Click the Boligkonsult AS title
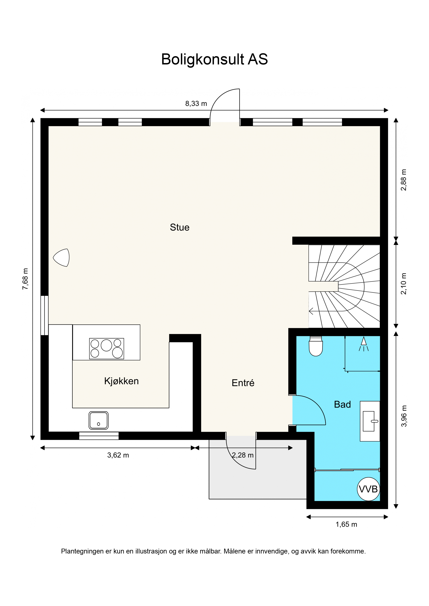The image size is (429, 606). (x=214, y=59)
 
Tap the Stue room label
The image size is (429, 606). (x=180, y=227)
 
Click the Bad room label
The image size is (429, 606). (x=342, y=404)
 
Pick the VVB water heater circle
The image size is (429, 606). (x=368, y=489)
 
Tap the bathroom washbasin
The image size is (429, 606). (x=370, y=421)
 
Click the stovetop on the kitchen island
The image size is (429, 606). (x=107, y=349)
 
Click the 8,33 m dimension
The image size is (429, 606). (x=196, y=104)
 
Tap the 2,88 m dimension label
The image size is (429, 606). (x=404, y=180)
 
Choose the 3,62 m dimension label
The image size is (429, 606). (x=118, y=455)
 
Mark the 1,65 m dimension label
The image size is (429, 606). (x=346, y=524)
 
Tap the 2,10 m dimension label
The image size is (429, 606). (x=404, y=283)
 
